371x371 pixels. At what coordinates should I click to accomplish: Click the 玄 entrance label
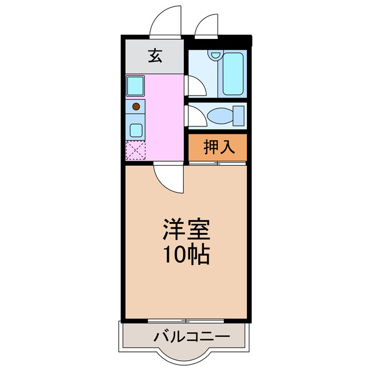(154, 56)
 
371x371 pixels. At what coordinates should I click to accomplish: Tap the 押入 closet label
(219, 147)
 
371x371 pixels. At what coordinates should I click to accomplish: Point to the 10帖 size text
(185, 254)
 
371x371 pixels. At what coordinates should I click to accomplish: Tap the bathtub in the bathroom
(234, 74)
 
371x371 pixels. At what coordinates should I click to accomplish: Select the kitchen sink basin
(136, 86)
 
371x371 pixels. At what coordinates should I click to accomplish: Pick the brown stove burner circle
(136, 106)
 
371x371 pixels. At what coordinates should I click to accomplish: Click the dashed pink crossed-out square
(136, 151)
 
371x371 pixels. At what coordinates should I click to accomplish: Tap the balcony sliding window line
(186, 321)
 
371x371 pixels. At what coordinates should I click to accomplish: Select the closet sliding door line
(217, 163)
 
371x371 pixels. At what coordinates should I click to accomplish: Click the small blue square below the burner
(136, 129)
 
